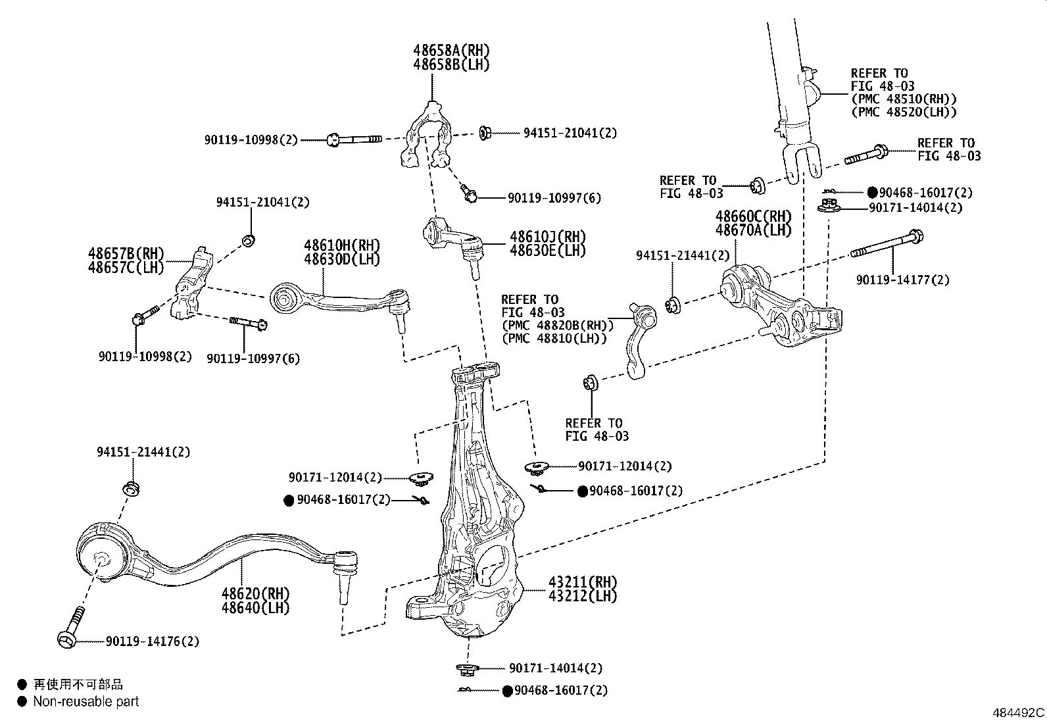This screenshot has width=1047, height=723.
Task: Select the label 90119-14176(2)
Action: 152,641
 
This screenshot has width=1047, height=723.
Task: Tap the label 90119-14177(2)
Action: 902,280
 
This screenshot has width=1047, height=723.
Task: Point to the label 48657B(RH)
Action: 126,254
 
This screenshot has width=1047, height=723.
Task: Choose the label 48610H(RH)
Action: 342,245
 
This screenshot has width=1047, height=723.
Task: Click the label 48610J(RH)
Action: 547,237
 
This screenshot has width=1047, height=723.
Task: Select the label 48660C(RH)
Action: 753,216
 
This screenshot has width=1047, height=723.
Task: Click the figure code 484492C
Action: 1017,712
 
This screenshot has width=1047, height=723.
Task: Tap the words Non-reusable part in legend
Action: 86,702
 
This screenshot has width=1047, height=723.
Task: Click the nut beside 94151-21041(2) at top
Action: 485,133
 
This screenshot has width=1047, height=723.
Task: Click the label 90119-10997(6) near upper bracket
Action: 554,198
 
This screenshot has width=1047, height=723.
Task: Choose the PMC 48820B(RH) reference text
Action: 557,325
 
